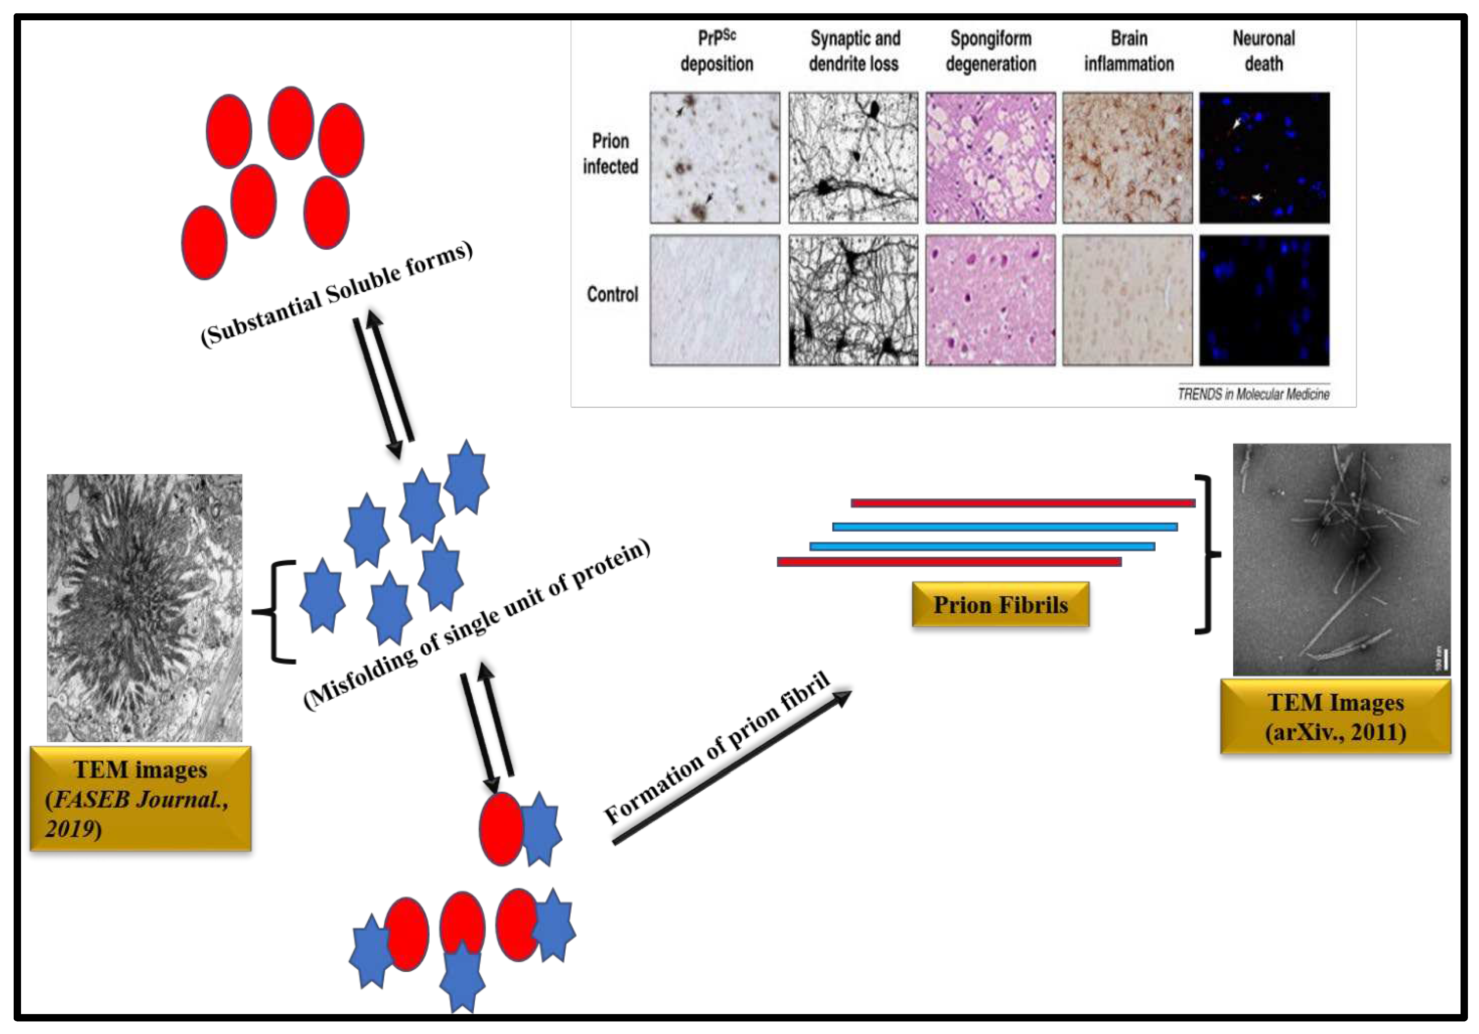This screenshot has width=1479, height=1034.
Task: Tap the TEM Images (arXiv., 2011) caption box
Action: [1335, 717]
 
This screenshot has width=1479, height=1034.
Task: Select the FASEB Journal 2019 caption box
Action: [140, 798]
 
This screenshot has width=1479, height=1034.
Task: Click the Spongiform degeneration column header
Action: [991, 51]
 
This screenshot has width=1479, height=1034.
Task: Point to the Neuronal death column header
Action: [1263, 51]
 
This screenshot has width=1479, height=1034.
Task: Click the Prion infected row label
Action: [610, 154]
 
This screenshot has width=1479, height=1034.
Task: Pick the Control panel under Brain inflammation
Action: [1127, 300]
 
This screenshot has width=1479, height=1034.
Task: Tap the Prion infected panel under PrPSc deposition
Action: [714, 158]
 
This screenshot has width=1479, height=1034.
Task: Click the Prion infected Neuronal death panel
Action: [1264, 158]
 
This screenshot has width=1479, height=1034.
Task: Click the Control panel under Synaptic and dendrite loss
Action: [853, 300]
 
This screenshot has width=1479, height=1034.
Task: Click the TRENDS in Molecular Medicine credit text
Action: [1253, 394]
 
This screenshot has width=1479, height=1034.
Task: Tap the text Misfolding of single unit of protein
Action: [477, 624]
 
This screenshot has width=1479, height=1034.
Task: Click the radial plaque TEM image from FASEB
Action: [144, 607]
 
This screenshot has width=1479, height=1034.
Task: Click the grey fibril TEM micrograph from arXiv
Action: [1341, 559]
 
